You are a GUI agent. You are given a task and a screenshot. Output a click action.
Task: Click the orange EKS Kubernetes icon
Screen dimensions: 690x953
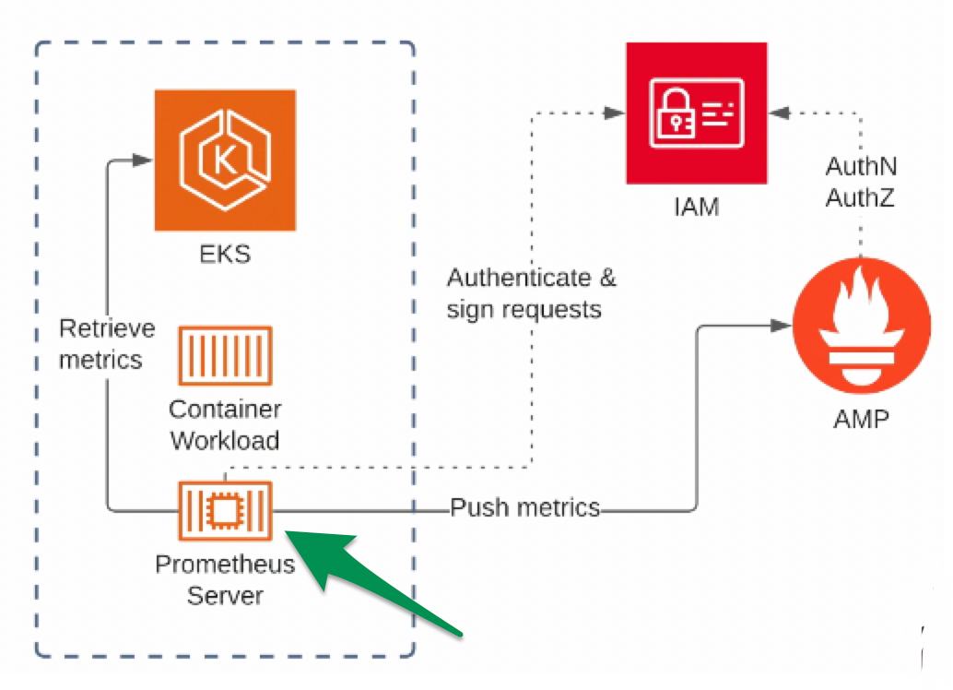225,160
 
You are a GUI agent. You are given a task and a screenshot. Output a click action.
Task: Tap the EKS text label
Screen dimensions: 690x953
225,254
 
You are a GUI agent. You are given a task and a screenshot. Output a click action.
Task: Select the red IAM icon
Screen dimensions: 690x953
696,113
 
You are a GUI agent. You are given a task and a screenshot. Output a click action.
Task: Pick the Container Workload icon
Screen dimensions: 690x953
225,355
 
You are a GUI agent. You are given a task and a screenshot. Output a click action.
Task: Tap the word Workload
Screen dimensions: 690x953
225,441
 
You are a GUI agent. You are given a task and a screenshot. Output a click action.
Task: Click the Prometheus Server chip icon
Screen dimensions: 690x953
225,511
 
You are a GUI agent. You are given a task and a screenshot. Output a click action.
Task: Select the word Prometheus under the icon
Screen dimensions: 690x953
225,565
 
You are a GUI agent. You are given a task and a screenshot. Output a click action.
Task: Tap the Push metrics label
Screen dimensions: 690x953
524,507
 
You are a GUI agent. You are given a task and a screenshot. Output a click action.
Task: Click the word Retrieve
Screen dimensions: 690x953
107,328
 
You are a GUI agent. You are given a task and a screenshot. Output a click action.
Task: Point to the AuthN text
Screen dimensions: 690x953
861,167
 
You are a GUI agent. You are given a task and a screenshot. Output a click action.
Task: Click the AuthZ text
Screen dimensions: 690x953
861,198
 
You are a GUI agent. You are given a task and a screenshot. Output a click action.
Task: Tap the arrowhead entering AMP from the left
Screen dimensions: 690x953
783,326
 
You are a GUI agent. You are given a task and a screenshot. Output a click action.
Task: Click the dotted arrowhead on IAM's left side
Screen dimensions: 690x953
614,113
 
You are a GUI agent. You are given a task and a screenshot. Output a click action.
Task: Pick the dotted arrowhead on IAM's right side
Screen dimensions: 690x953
781,113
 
